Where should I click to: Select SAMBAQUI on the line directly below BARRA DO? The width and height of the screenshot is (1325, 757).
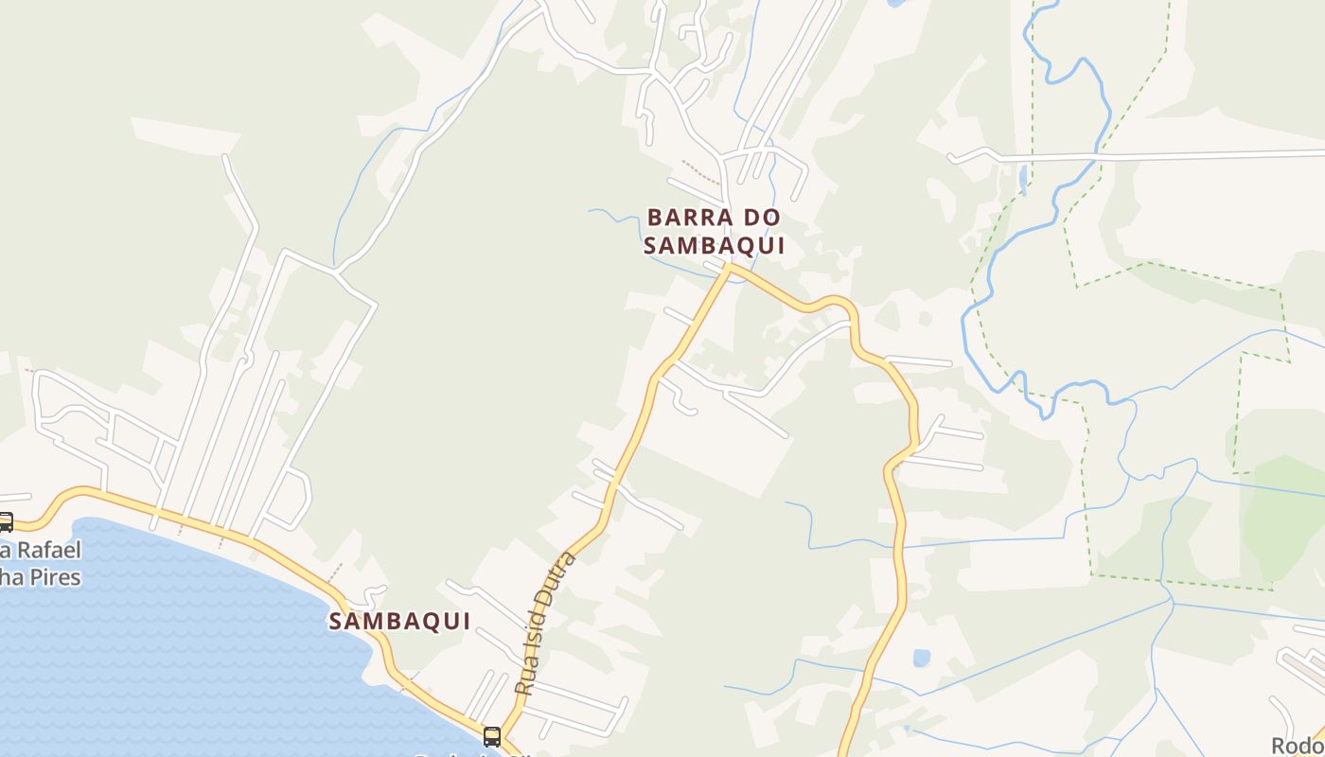click(715, 246)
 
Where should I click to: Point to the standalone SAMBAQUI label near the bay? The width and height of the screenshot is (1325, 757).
click(400, 622)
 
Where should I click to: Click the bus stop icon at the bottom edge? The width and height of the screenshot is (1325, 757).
click(492, 736)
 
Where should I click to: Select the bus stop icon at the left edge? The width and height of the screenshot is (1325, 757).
click(5, 521)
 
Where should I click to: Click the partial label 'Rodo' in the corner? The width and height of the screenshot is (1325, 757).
click(1298, 746)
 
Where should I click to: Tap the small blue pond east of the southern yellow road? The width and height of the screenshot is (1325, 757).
click(921, 658)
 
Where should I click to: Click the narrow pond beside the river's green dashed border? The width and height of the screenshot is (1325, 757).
click(1023, 178)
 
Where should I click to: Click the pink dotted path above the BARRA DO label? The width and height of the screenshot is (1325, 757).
click(700, 172)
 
